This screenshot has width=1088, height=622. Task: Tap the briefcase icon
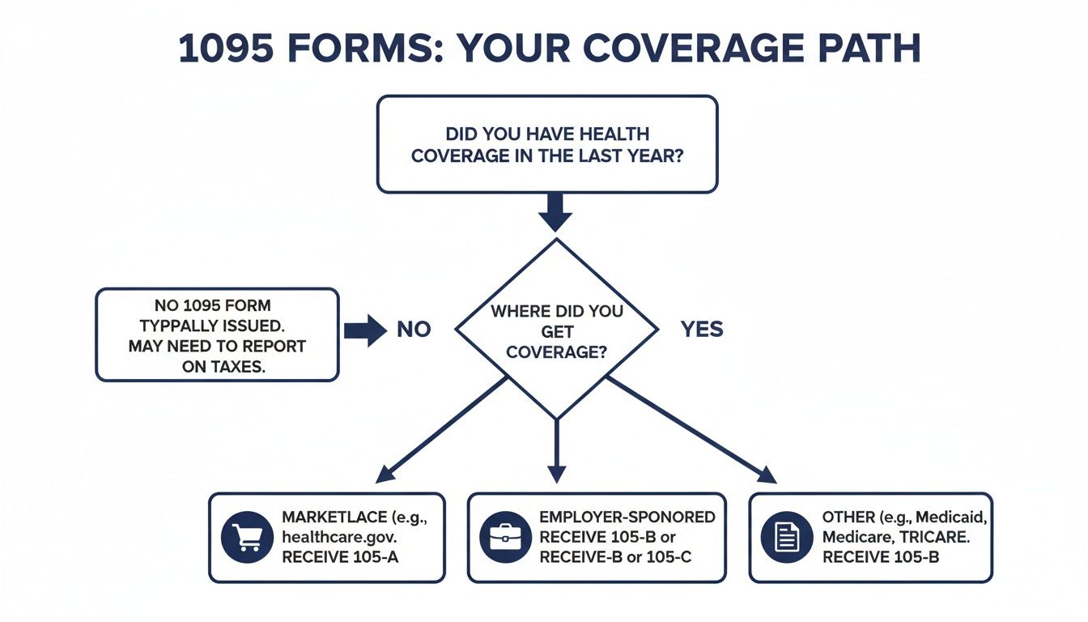505,537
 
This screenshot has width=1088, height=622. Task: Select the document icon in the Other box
787,537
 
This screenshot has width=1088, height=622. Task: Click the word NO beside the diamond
413,330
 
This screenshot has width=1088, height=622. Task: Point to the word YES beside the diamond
702,330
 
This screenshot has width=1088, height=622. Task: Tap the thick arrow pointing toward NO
365,330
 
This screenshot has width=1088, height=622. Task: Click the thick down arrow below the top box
555,214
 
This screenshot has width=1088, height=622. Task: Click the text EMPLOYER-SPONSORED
627,517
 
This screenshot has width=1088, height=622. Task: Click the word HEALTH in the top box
609,134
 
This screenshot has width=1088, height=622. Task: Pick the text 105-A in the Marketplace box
378,557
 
